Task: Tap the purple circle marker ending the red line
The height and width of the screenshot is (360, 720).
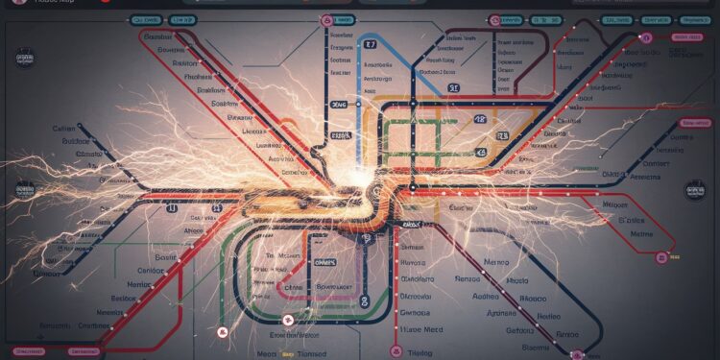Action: [x=661, y=257]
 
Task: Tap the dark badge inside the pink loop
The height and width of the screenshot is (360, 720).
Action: [x=326, y=262]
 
